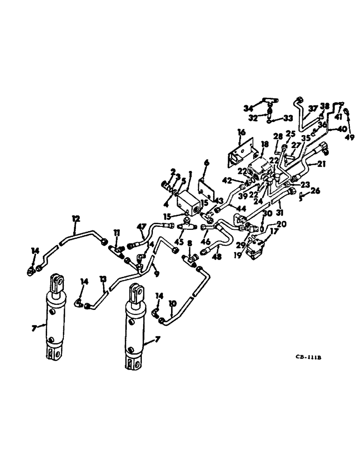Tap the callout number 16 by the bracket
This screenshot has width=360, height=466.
click(241, 133)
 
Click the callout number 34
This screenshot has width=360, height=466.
click(248, 108)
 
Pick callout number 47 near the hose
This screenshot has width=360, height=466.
click(141, 226)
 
